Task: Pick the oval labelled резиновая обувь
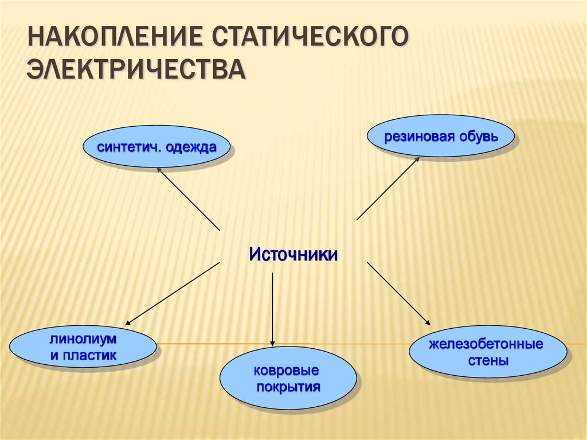[441, 137]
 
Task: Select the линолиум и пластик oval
[83, 348]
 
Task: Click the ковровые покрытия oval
[288, 378]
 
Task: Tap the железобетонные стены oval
[487, 352]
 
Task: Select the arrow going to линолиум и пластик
[173, 293]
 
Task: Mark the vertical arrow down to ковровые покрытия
[272, 310]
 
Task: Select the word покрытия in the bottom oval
[288, 386]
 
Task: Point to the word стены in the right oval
[487, 361]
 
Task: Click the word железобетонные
[487, 345]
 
